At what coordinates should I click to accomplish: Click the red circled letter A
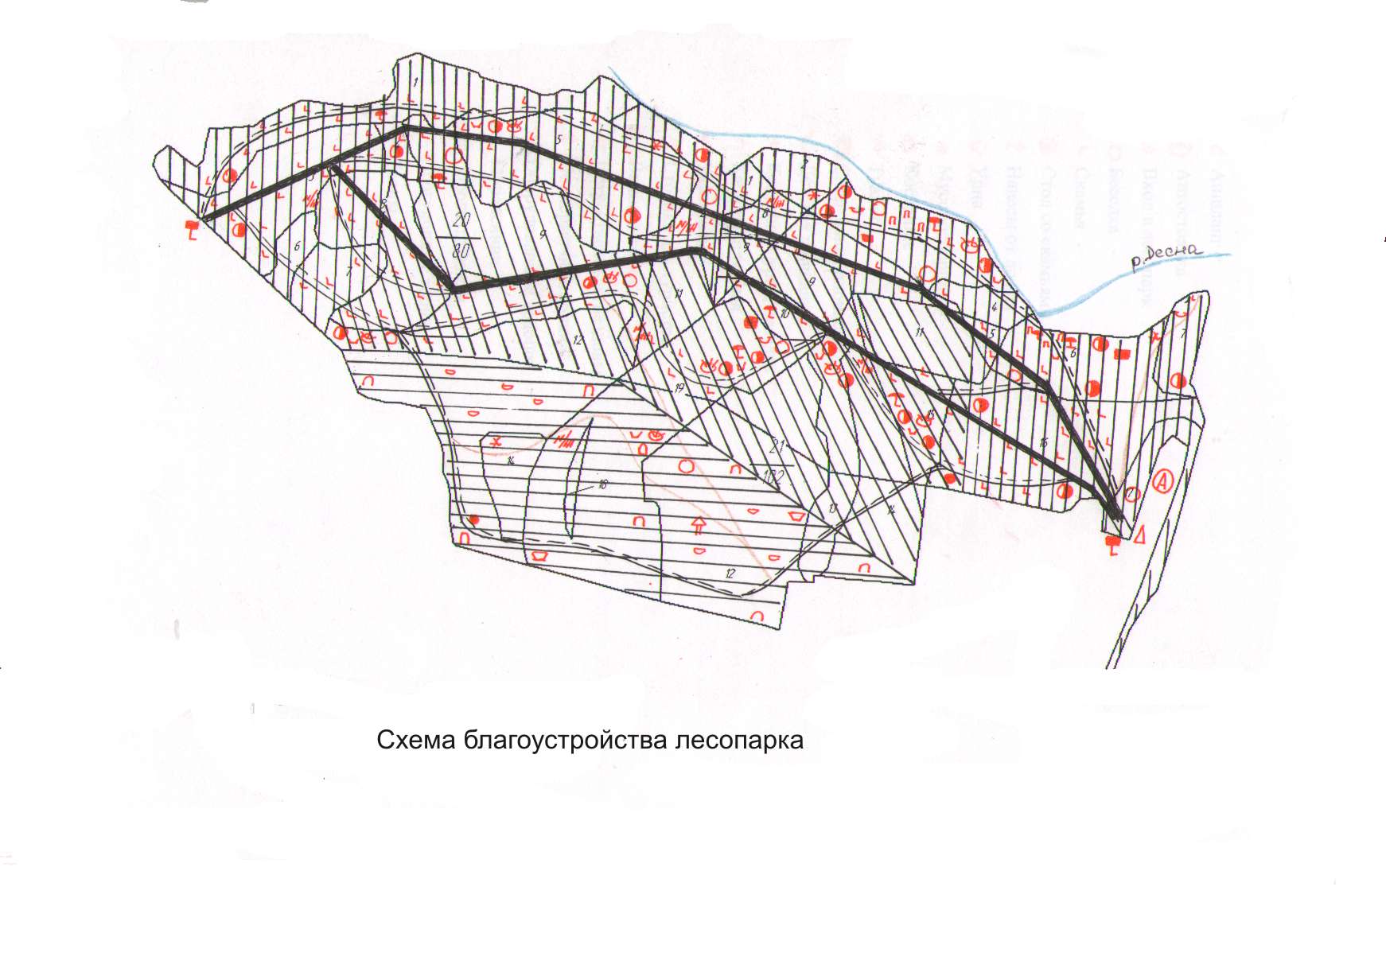[x=1162, y=480]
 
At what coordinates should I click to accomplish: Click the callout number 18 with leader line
[x=602, y=484]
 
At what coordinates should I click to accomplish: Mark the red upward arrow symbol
[x=699, y=524]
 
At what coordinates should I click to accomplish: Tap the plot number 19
[x=679, y=388]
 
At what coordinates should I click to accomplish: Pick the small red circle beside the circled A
[x=1134, y=494]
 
